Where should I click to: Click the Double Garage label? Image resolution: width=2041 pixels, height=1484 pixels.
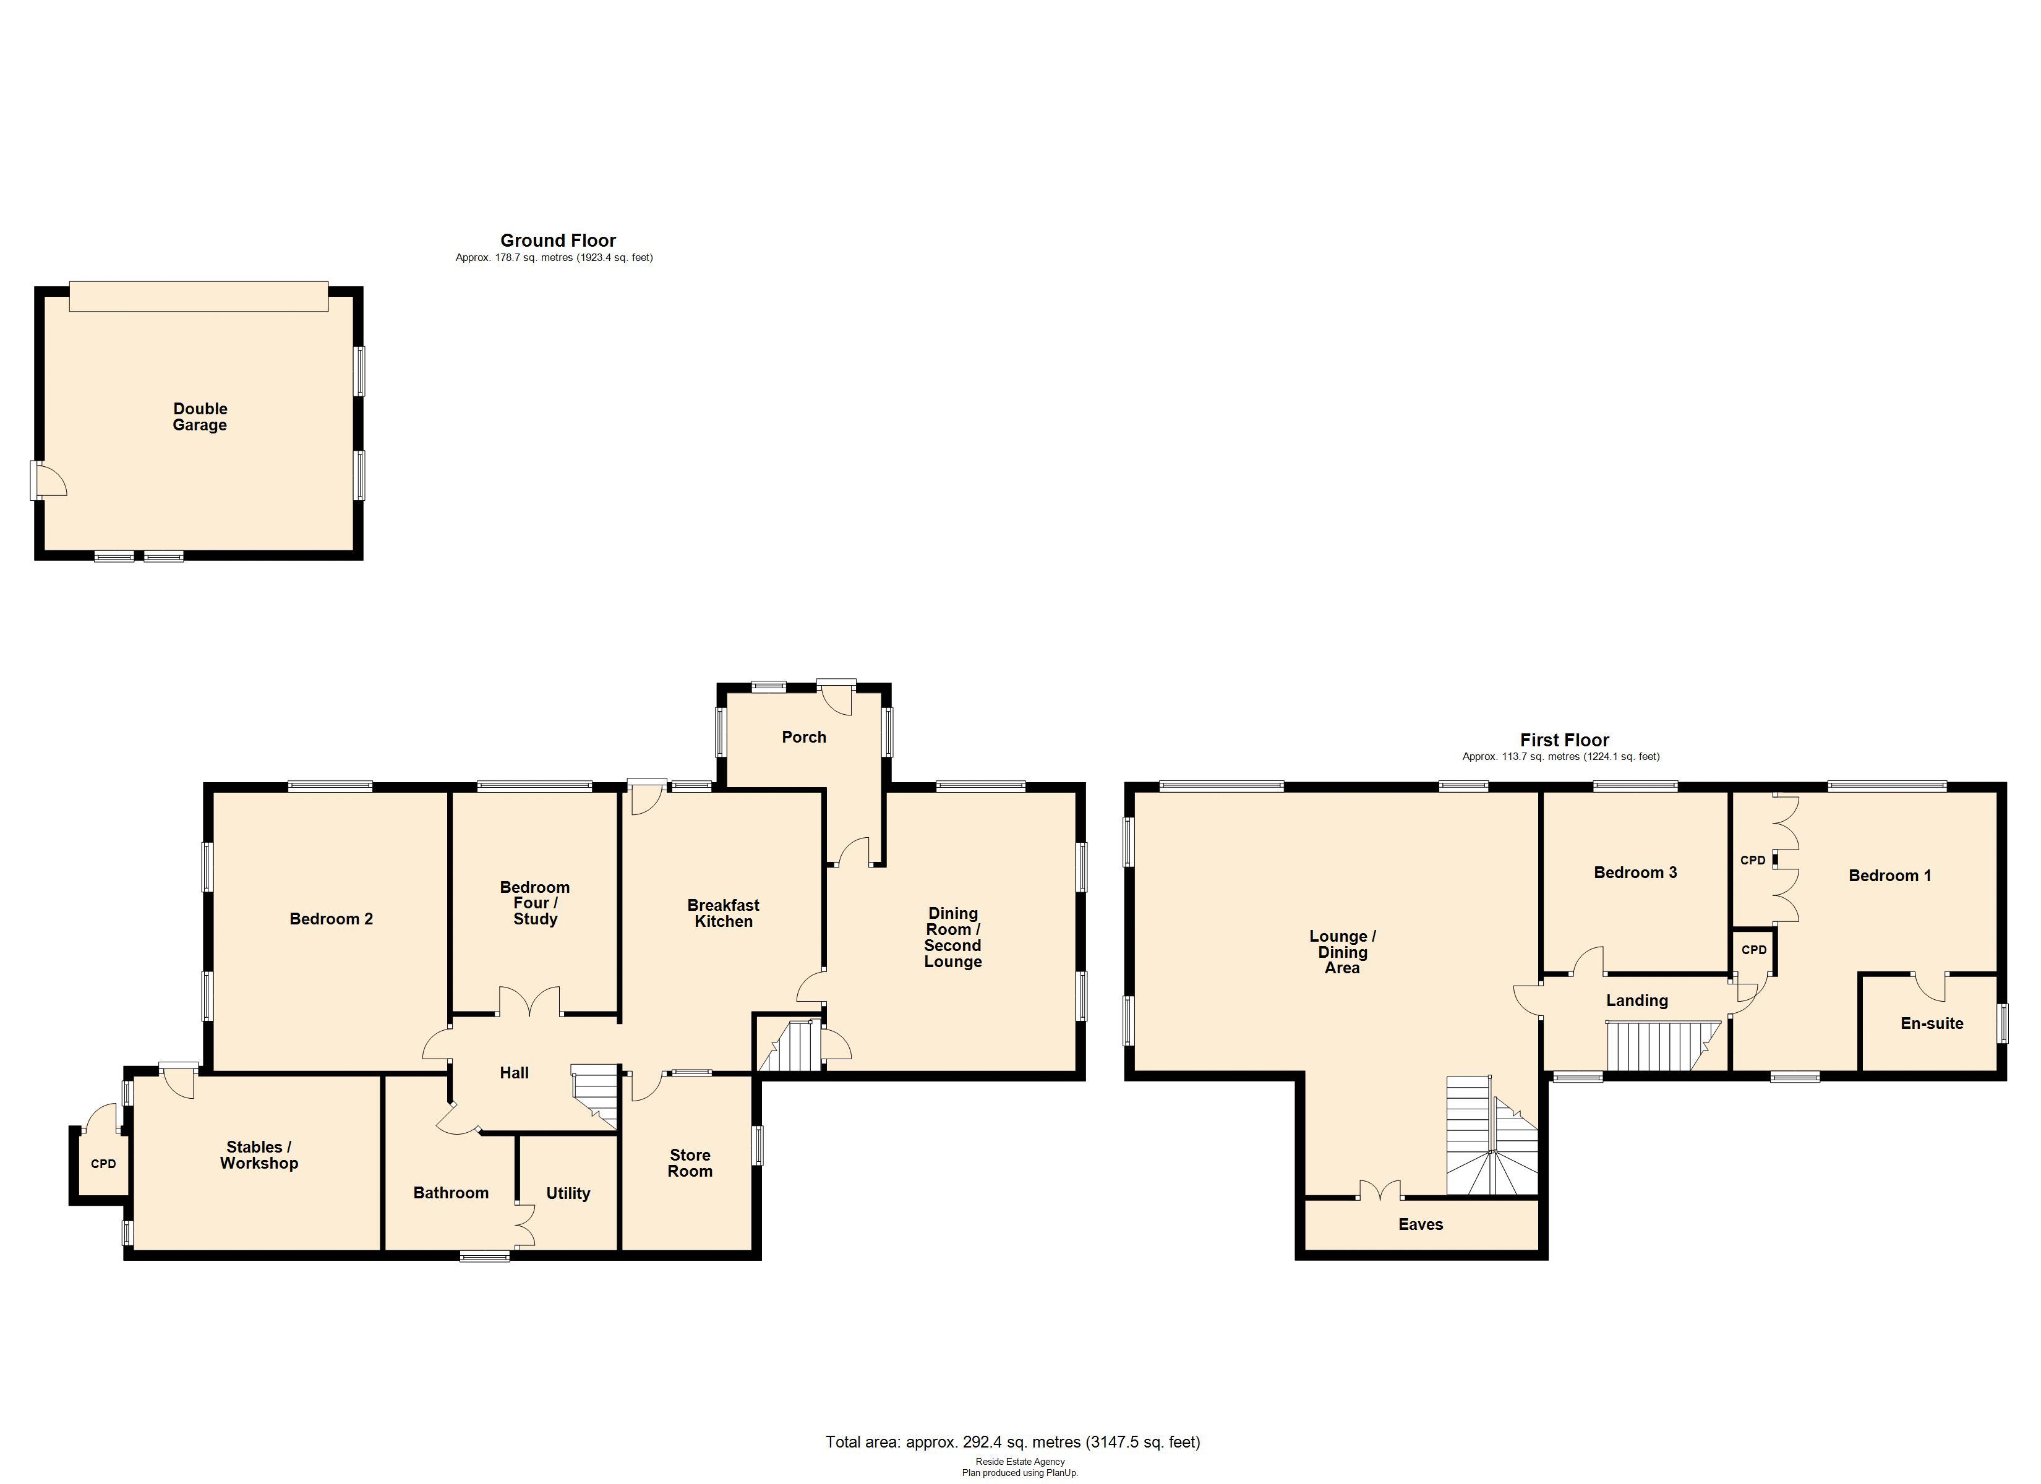point(200,417)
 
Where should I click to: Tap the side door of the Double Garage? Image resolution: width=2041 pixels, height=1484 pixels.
point(49,480)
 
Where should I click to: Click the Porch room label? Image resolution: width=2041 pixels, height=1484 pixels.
point(803,737)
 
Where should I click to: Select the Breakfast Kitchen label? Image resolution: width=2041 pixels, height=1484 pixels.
point(724,913)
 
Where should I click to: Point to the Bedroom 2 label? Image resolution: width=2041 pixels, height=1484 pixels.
point(331,919)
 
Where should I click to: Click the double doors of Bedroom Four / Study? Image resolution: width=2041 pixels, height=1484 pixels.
point(529,1002)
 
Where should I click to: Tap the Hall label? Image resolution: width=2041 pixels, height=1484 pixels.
point(514,1073)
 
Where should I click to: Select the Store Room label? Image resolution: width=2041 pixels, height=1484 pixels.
point(690,1162)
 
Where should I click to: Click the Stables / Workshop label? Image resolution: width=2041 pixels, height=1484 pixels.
point(259,1154)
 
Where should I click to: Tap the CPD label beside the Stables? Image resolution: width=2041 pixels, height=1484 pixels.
point(103,1164)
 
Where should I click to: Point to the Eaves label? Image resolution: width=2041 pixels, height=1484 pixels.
point(1420,1224)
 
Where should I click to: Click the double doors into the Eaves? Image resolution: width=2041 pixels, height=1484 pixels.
point(1380,1192)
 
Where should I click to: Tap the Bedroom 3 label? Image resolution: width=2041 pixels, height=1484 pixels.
point(1635,872)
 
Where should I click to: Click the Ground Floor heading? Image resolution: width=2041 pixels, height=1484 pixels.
point(558,241)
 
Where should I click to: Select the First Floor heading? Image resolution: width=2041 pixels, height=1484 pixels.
point(1564,740)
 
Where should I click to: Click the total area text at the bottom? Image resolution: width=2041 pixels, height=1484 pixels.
point(1012,1442)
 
